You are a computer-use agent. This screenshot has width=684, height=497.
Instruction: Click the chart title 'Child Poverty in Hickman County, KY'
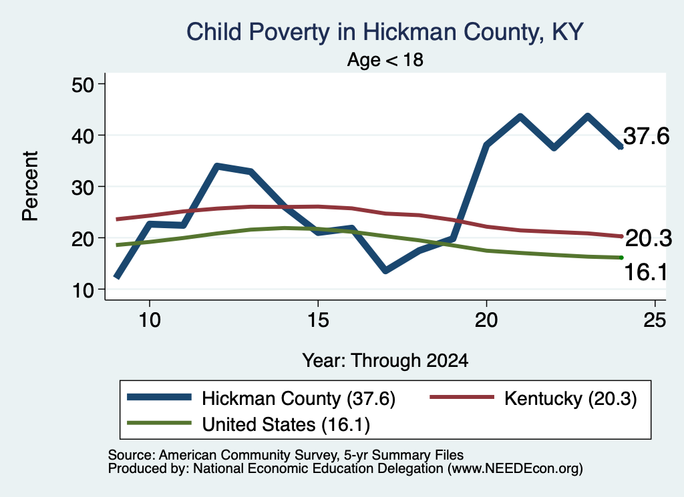[x=385, y=33]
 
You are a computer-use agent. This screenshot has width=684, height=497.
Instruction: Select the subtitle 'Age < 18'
[x=385, y=59]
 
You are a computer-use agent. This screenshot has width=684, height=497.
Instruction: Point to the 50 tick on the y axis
[x=83, y=84]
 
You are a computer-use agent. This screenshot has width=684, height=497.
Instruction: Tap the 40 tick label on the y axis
[x=83, y=135]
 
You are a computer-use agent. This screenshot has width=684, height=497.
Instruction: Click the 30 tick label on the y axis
[x=83, y=187]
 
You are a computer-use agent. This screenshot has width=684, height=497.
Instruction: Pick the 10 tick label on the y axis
[x=83, y=290]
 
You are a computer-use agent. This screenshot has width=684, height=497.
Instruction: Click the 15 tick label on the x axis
[x=318, y=320]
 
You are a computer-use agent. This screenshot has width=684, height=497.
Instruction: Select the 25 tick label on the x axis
[x=655, y=320]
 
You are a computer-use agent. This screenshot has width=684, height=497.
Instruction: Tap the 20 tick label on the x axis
[x=486, y=320]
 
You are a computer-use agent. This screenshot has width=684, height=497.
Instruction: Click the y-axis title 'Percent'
[x=31, y=186]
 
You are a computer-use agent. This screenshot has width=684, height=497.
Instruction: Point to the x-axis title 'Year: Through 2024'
[x=385, y=361]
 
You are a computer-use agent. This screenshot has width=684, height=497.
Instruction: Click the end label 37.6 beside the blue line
[x=646, y=136]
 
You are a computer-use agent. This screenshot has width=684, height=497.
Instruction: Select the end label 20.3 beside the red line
[x=648, y=239]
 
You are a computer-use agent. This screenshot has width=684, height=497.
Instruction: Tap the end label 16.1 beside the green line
[x=646, y=273]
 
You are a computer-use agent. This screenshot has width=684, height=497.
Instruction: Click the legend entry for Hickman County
[x=261, y=398]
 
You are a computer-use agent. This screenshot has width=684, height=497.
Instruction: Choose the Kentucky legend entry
[x=533, y=398]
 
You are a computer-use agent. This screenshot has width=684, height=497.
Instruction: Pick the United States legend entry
[x=248, y=424]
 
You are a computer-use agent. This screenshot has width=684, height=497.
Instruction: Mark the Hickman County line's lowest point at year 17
[x=385, y=271]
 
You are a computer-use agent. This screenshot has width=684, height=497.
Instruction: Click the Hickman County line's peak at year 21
[x=520, y=116]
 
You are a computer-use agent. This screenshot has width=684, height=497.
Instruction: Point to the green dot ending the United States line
[x=621, y=258]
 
